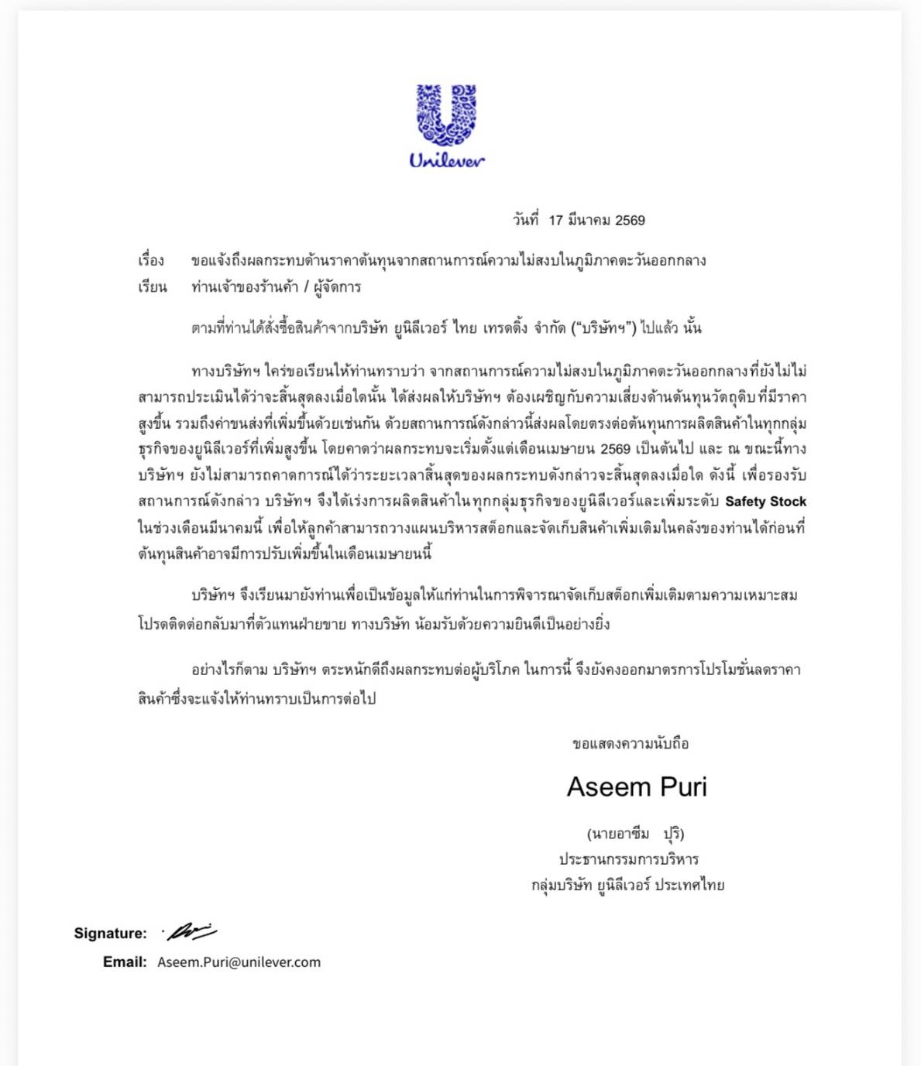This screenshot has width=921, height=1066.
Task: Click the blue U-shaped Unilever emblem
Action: tap(447, 114)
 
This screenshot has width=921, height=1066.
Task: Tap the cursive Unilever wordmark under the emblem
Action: tap(447, 160)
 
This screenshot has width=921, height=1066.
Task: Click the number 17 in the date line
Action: tap(555, 221)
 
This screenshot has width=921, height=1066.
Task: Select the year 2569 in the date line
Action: tap(630, 221)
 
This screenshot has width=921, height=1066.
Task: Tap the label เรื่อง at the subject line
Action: tap(151, 261)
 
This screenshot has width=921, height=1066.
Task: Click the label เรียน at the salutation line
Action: tap(152, 287)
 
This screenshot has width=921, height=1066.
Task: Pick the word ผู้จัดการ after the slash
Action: tap(338, 287)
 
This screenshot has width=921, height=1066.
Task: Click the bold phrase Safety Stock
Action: tap(765, 502)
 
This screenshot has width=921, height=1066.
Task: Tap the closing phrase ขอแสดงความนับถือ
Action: tap(631, 744)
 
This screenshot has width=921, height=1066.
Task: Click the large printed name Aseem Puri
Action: tap(637, 787)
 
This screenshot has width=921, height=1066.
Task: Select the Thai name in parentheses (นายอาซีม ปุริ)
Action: tap(635, 834)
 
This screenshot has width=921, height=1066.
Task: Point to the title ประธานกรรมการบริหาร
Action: tap(629, 859)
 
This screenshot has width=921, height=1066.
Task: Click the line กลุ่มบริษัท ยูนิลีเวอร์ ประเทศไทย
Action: tap(627, 885)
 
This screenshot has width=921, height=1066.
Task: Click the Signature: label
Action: tap(110, 934)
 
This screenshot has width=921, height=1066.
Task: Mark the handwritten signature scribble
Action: tap(191, 931)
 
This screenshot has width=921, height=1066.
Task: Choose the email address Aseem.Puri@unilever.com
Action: tap(239, 962)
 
